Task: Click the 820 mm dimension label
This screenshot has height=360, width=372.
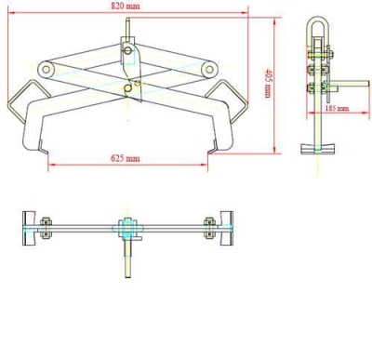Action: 126,7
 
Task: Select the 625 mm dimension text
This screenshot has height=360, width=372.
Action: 126,158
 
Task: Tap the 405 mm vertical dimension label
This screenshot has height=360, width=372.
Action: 268,84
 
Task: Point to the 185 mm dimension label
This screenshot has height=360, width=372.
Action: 337,108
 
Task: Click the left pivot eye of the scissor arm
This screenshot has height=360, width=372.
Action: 46,69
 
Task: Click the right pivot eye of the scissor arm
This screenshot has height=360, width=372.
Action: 209,69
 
